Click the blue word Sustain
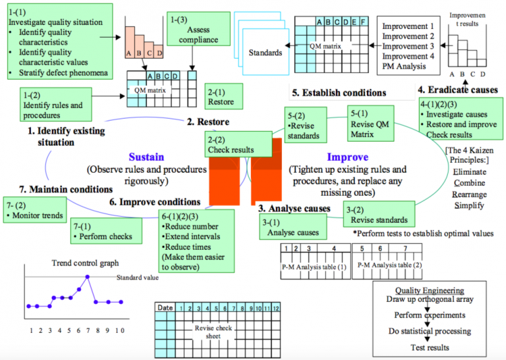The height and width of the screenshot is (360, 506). (x=146, y=158)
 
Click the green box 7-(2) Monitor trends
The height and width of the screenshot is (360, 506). (x=34, y=210)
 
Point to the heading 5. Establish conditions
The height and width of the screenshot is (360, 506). (x=339, y=93)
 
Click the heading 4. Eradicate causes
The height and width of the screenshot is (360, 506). (x=457, y=90)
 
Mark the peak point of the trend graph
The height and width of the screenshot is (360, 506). (x=87, y=277)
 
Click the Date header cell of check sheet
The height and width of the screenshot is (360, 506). (x=165, y=307)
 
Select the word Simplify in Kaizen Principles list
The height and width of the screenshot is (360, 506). (x=468, y=206)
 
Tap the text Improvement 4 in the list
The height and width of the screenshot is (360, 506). (x=408, y=56)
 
